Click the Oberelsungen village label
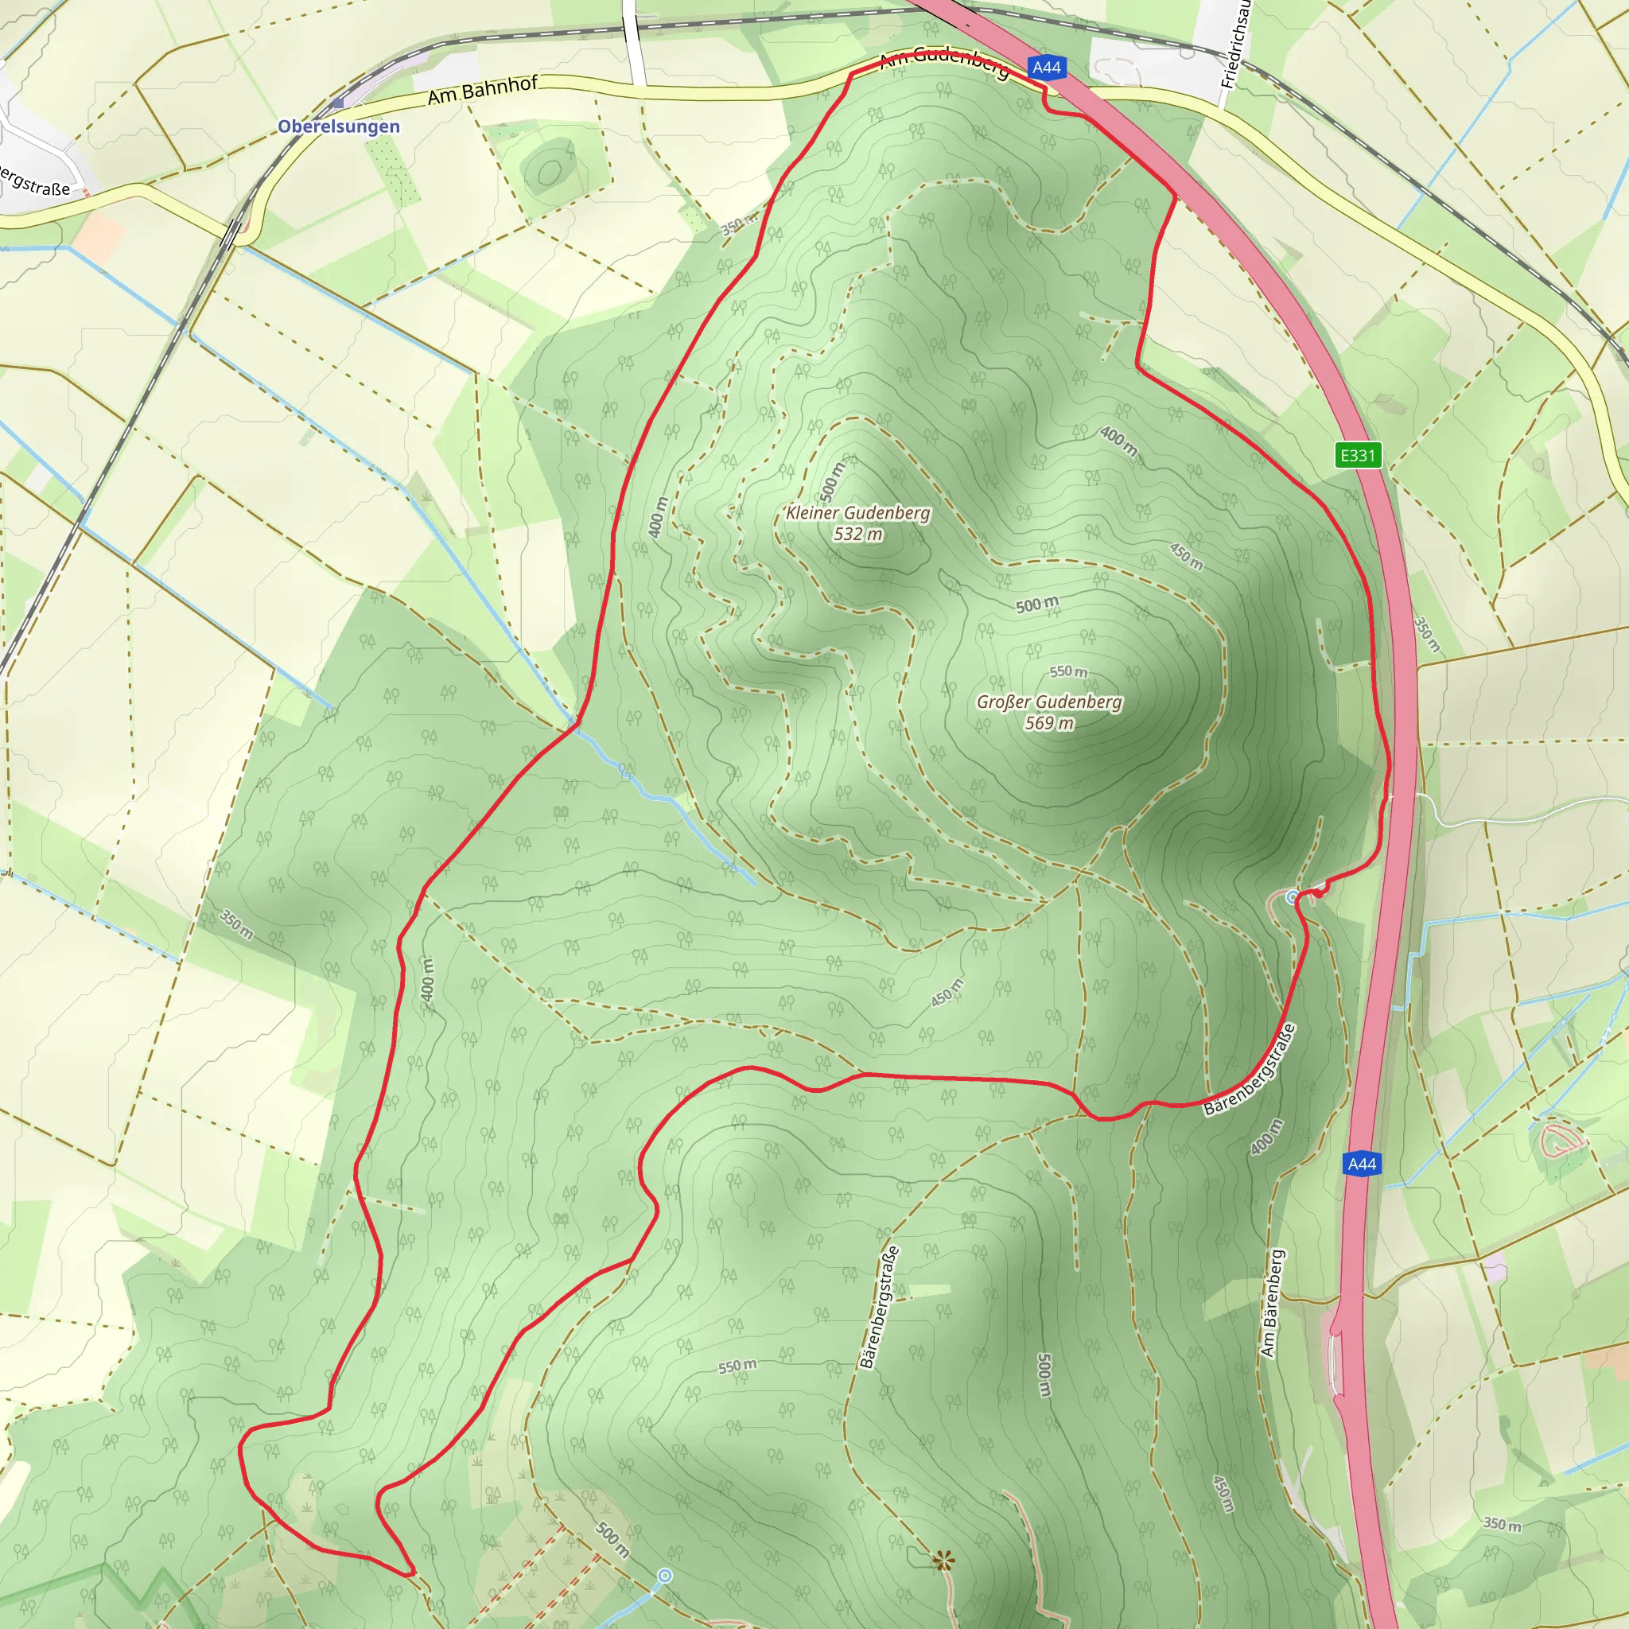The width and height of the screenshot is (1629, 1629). coord(338,126)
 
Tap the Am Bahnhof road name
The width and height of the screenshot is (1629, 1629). coord(481,90)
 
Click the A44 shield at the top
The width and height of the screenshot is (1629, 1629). coord(1047,68)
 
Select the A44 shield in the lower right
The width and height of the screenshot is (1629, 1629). coord(1362,1164)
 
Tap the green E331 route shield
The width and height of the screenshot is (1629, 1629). coord(1358,455)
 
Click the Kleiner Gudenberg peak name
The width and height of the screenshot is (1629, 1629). coord(857,513)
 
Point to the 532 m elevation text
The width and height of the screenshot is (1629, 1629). coord(857,534)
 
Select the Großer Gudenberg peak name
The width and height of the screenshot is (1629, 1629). coord(1049,702)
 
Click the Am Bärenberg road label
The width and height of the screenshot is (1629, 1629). coord(1273,1303)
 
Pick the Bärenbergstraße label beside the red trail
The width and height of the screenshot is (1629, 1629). coord(1250,1070)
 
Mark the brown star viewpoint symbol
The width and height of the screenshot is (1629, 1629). coord(943,1561)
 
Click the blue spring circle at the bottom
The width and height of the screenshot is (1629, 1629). coord(664,1575)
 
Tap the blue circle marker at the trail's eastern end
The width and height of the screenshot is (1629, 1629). coord(1293,898)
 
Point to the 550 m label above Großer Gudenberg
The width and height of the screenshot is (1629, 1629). coord(1068,671)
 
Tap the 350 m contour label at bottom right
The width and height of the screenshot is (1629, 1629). coord(1502,1525)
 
